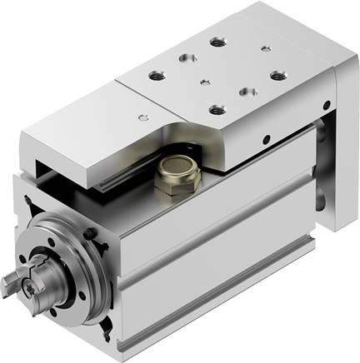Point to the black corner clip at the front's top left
click(x=32, y=201)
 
